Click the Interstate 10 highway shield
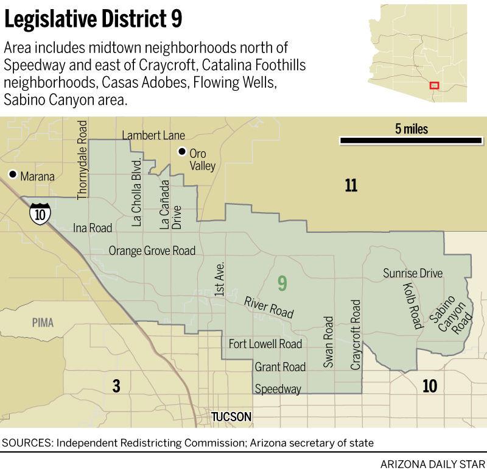pos(40,213)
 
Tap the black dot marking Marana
pos(12,175)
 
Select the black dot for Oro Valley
pos(181,152)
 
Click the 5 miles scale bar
pos(411,141)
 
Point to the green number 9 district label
pos(282,283)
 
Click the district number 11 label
pos(351,185)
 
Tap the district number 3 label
pos(116,385)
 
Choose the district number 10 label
pos(429,385)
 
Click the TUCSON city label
pos(231,417)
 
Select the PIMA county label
pos(43,322)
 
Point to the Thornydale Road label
pos(83,160)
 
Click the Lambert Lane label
pos(153,135)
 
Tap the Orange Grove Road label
pos(152,251)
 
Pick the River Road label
pos(269,307)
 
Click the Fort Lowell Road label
pos(265,344)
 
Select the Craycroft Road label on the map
pos(356,335)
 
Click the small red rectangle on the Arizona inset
pos(434,86)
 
